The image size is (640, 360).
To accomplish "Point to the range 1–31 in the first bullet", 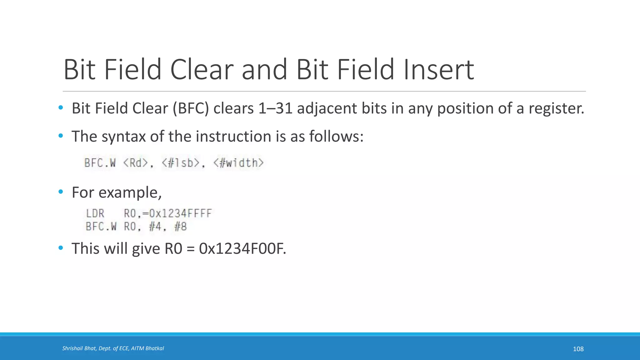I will coord(275,108).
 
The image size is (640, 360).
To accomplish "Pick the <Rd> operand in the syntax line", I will coord(136,163).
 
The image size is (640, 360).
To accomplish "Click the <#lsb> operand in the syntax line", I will coord(181,163).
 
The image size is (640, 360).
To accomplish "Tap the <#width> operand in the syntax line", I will coord(239,163).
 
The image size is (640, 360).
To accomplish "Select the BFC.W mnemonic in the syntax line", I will coord(100,163).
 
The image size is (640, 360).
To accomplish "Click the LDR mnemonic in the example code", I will coord(95,213).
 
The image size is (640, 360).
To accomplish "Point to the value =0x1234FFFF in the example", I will coord(177,213).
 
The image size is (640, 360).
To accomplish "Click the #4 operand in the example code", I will coord(155,227).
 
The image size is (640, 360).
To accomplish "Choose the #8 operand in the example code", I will coord(180,227).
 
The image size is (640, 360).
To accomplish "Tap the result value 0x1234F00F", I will coord(242,249).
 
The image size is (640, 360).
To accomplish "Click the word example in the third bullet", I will coord(130,192).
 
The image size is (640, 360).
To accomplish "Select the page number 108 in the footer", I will coord(578,349).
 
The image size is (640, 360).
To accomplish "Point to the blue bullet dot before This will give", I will coord(61,248).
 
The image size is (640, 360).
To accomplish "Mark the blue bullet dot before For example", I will coord(61,192).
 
